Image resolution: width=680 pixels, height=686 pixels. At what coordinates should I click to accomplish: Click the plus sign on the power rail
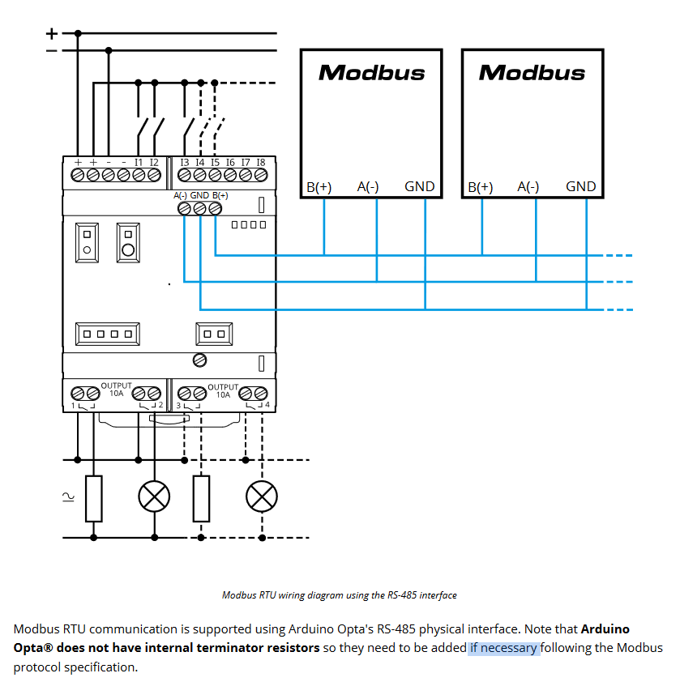[x=52, y=33]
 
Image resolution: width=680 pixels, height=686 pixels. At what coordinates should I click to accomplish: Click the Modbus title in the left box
[x=371, y=72]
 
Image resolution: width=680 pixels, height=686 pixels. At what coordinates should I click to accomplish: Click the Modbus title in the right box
[x=532, y=72]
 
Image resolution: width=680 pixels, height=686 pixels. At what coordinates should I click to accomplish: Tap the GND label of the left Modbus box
[x=419, y=186]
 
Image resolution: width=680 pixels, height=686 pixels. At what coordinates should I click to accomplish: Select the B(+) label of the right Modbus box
[x=480, y=187]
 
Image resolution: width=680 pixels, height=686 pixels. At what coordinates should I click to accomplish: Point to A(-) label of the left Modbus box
[x=368, y=186]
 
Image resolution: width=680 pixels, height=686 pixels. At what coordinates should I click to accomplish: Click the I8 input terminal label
[x=260, y=162]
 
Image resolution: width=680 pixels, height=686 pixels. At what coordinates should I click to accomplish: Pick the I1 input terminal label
[x=139, y=162]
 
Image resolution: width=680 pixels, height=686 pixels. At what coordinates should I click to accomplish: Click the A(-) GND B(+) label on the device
[x=200, y=196]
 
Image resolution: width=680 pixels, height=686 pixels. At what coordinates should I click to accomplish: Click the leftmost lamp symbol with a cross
[x=154, y=496]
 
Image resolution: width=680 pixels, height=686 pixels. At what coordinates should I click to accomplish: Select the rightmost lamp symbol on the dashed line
[x=262, y=496]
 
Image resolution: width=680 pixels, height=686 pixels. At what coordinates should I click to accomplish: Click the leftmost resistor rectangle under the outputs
[x=94, y=498]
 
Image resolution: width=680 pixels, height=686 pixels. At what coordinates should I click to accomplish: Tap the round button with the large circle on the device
[x=127, y=242]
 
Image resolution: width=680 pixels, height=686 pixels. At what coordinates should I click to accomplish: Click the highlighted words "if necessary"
[x=503, y=648]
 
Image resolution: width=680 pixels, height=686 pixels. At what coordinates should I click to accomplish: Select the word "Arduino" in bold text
[x=605, y=628]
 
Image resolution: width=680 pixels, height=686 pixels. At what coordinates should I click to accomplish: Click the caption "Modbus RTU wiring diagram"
[x=339, y=594]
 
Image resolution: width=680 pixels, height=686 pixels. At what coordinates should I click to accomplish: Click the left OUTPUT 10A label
[x=115, y=390]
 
